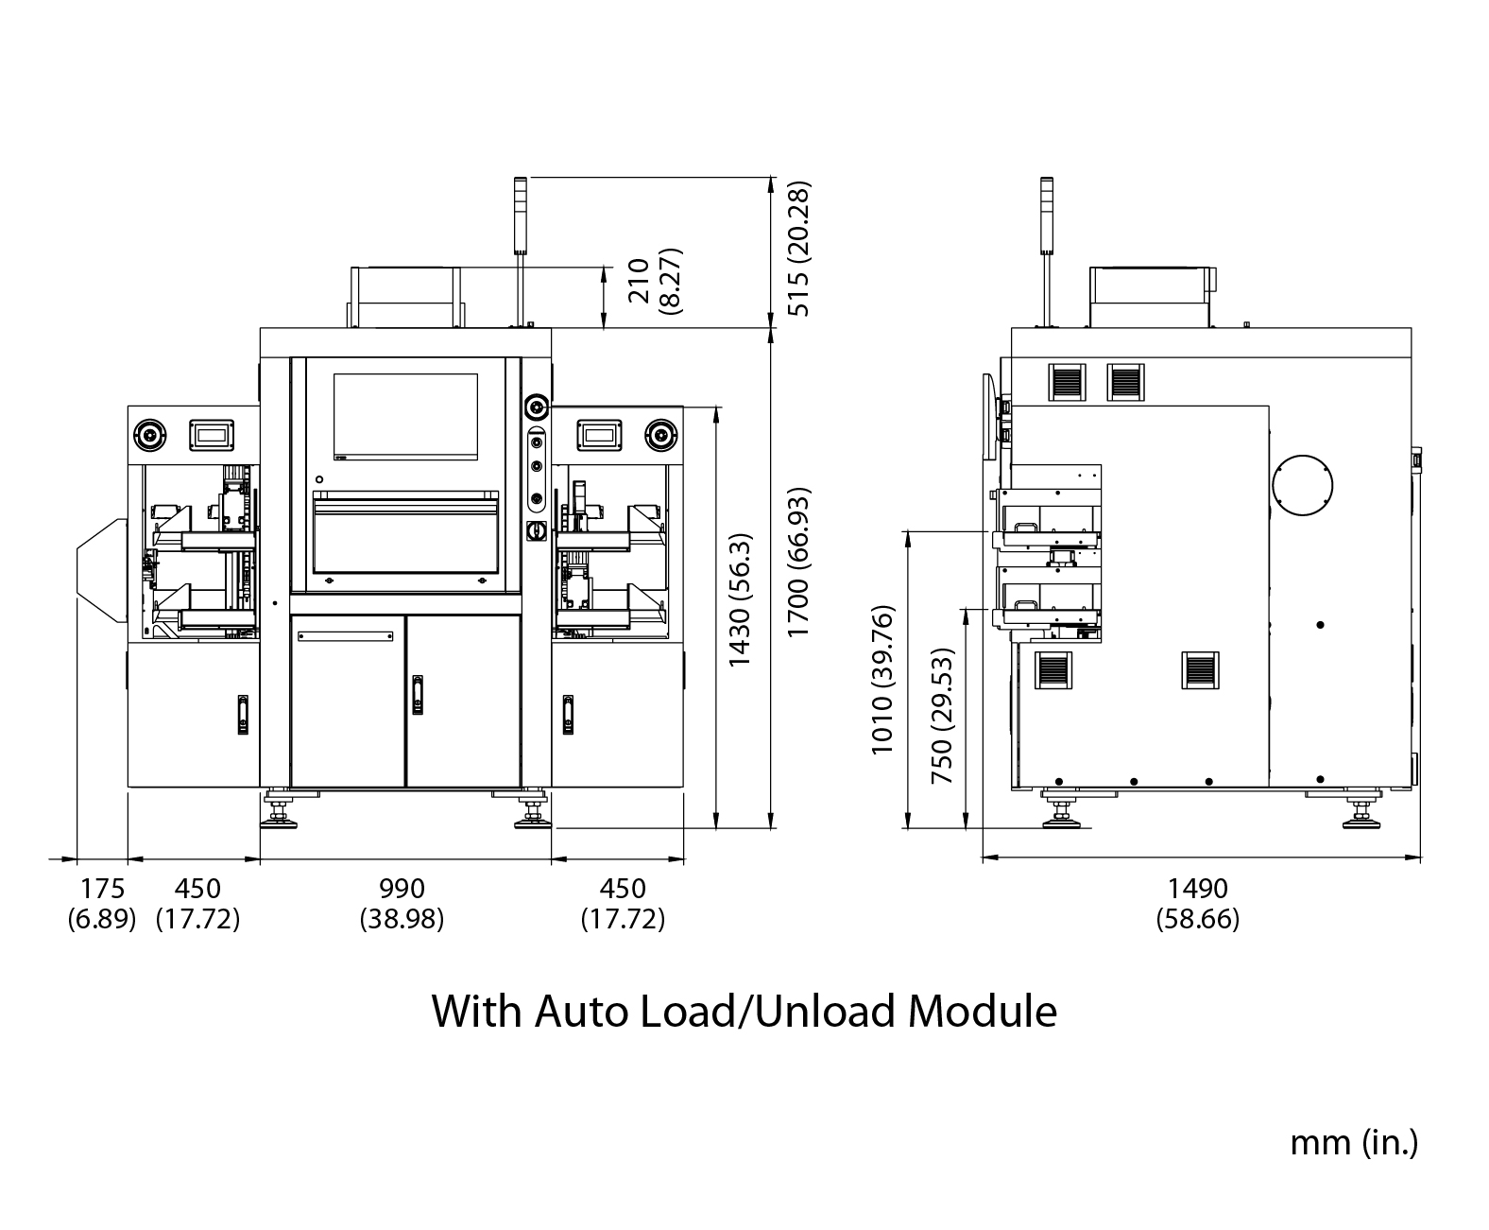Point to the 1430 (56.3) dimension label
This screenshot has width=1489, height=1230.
tap(740, 599)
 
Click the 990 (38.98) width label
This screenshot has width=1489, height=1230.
tap(402, 903)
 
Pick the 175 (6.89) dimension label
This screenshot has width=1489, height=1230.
tap(101, 903)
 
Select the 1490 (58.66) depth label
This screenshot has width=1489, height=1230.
tap(1197, 903)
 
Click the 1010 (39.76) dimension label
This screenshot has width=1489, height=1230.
tap(882, 679)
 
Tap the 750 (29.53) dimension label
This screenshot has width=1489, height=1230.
tap(942, 716)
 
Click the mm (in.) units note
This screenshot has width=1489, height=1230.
tap(1353, 1142)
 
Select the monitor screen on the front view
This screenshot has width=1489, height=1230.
tap(405, 417)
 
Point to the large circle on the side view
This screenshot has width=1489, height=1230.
tap(1303, 486)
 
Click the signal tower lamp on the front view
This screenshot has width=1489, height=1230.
tap(520, 215)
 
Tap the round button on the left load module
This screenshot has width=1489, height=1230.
tap(150, 435)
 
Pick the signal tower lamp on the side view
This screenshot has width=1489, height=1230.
tap(1046, 215)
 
